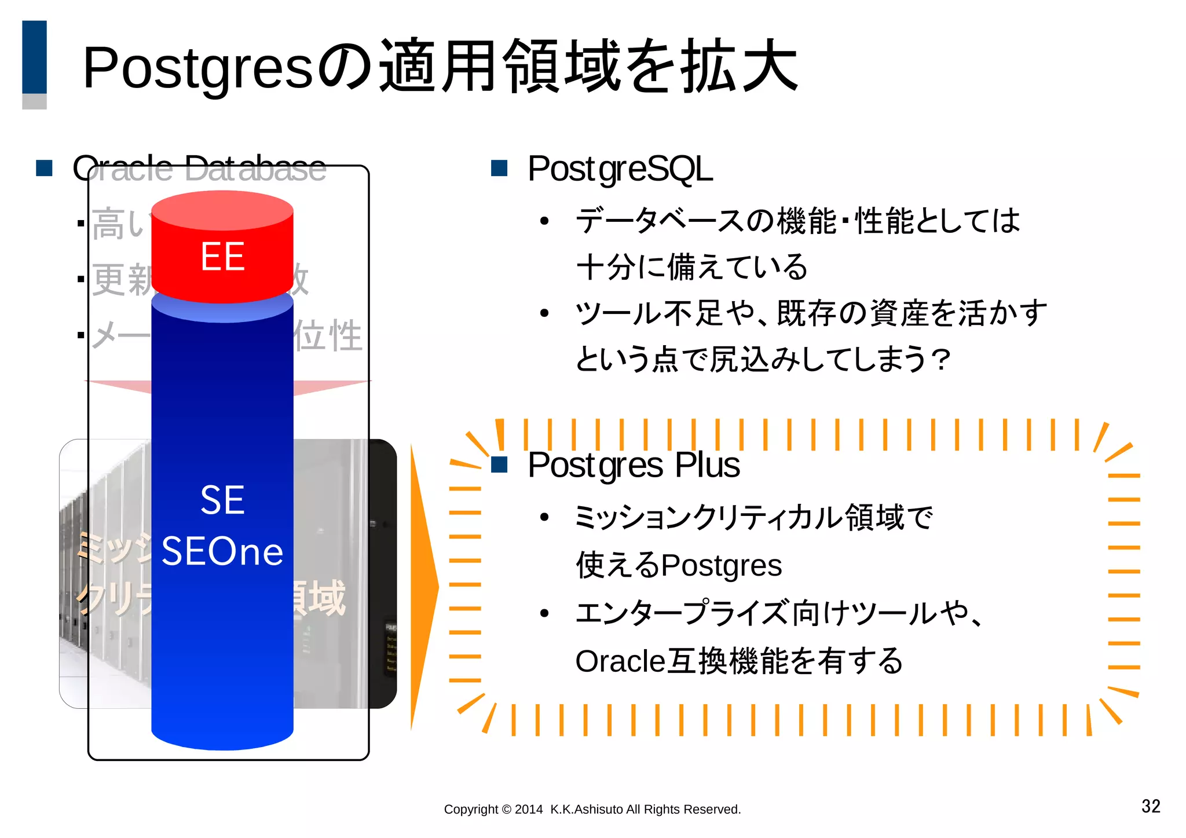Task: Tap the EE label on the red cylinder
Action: [x=222, y=257]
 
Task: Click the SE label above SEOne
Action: [x=222, y=500]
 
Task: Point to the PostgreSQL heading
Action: [x=620, y=169]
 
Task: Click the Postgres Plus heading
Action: [x=634, y=465]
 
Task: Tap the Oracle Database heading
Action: [x=199, y=169]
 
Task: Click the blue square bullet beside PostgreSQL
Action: [x=499, y=169]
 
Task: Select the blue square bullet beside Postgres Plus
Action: [x=499, y=464]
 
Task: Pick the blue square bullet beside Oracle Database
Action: [x=44, y=169]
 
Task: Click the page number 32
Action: [x=1150, y=806]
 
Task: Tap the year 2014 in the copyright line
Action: [x=529, y=810]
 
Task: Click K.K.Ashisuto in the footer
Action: [x=587, y=810]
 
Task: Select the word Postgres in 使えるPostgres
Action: [x=722, y=566]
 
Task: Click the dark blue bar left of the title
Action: [x=34, y=57]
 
